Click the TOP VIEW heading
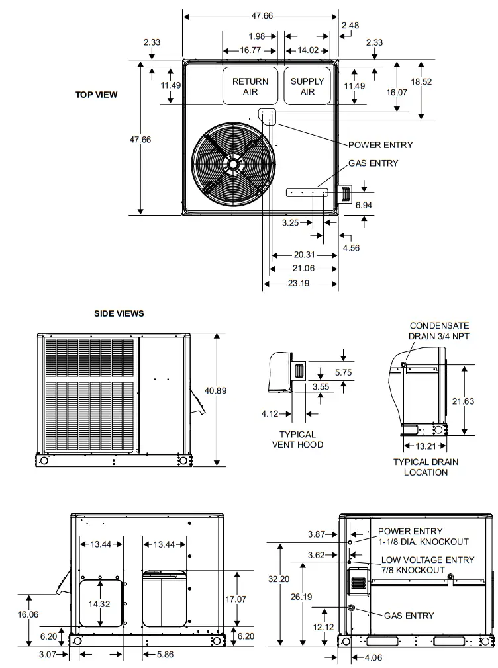tap(96, 95)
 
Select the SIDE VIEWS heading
tap(119, 313)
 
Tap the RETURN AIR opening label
tap(250, 87)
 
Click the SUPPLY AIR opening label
tap(307, 87)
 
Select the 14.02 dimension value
tap(307, 50)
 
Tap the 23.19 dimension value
tap(301, 284)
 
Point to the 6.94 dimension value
tap(364, 206)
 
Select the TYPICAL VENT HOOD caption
tap(297, 440)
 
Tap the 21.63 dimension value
tap(468, 402)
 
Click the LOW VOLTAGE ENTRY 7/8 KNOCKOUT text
tap(427, 565)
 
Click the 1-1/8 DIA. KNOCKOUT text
tap(423, 542)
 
